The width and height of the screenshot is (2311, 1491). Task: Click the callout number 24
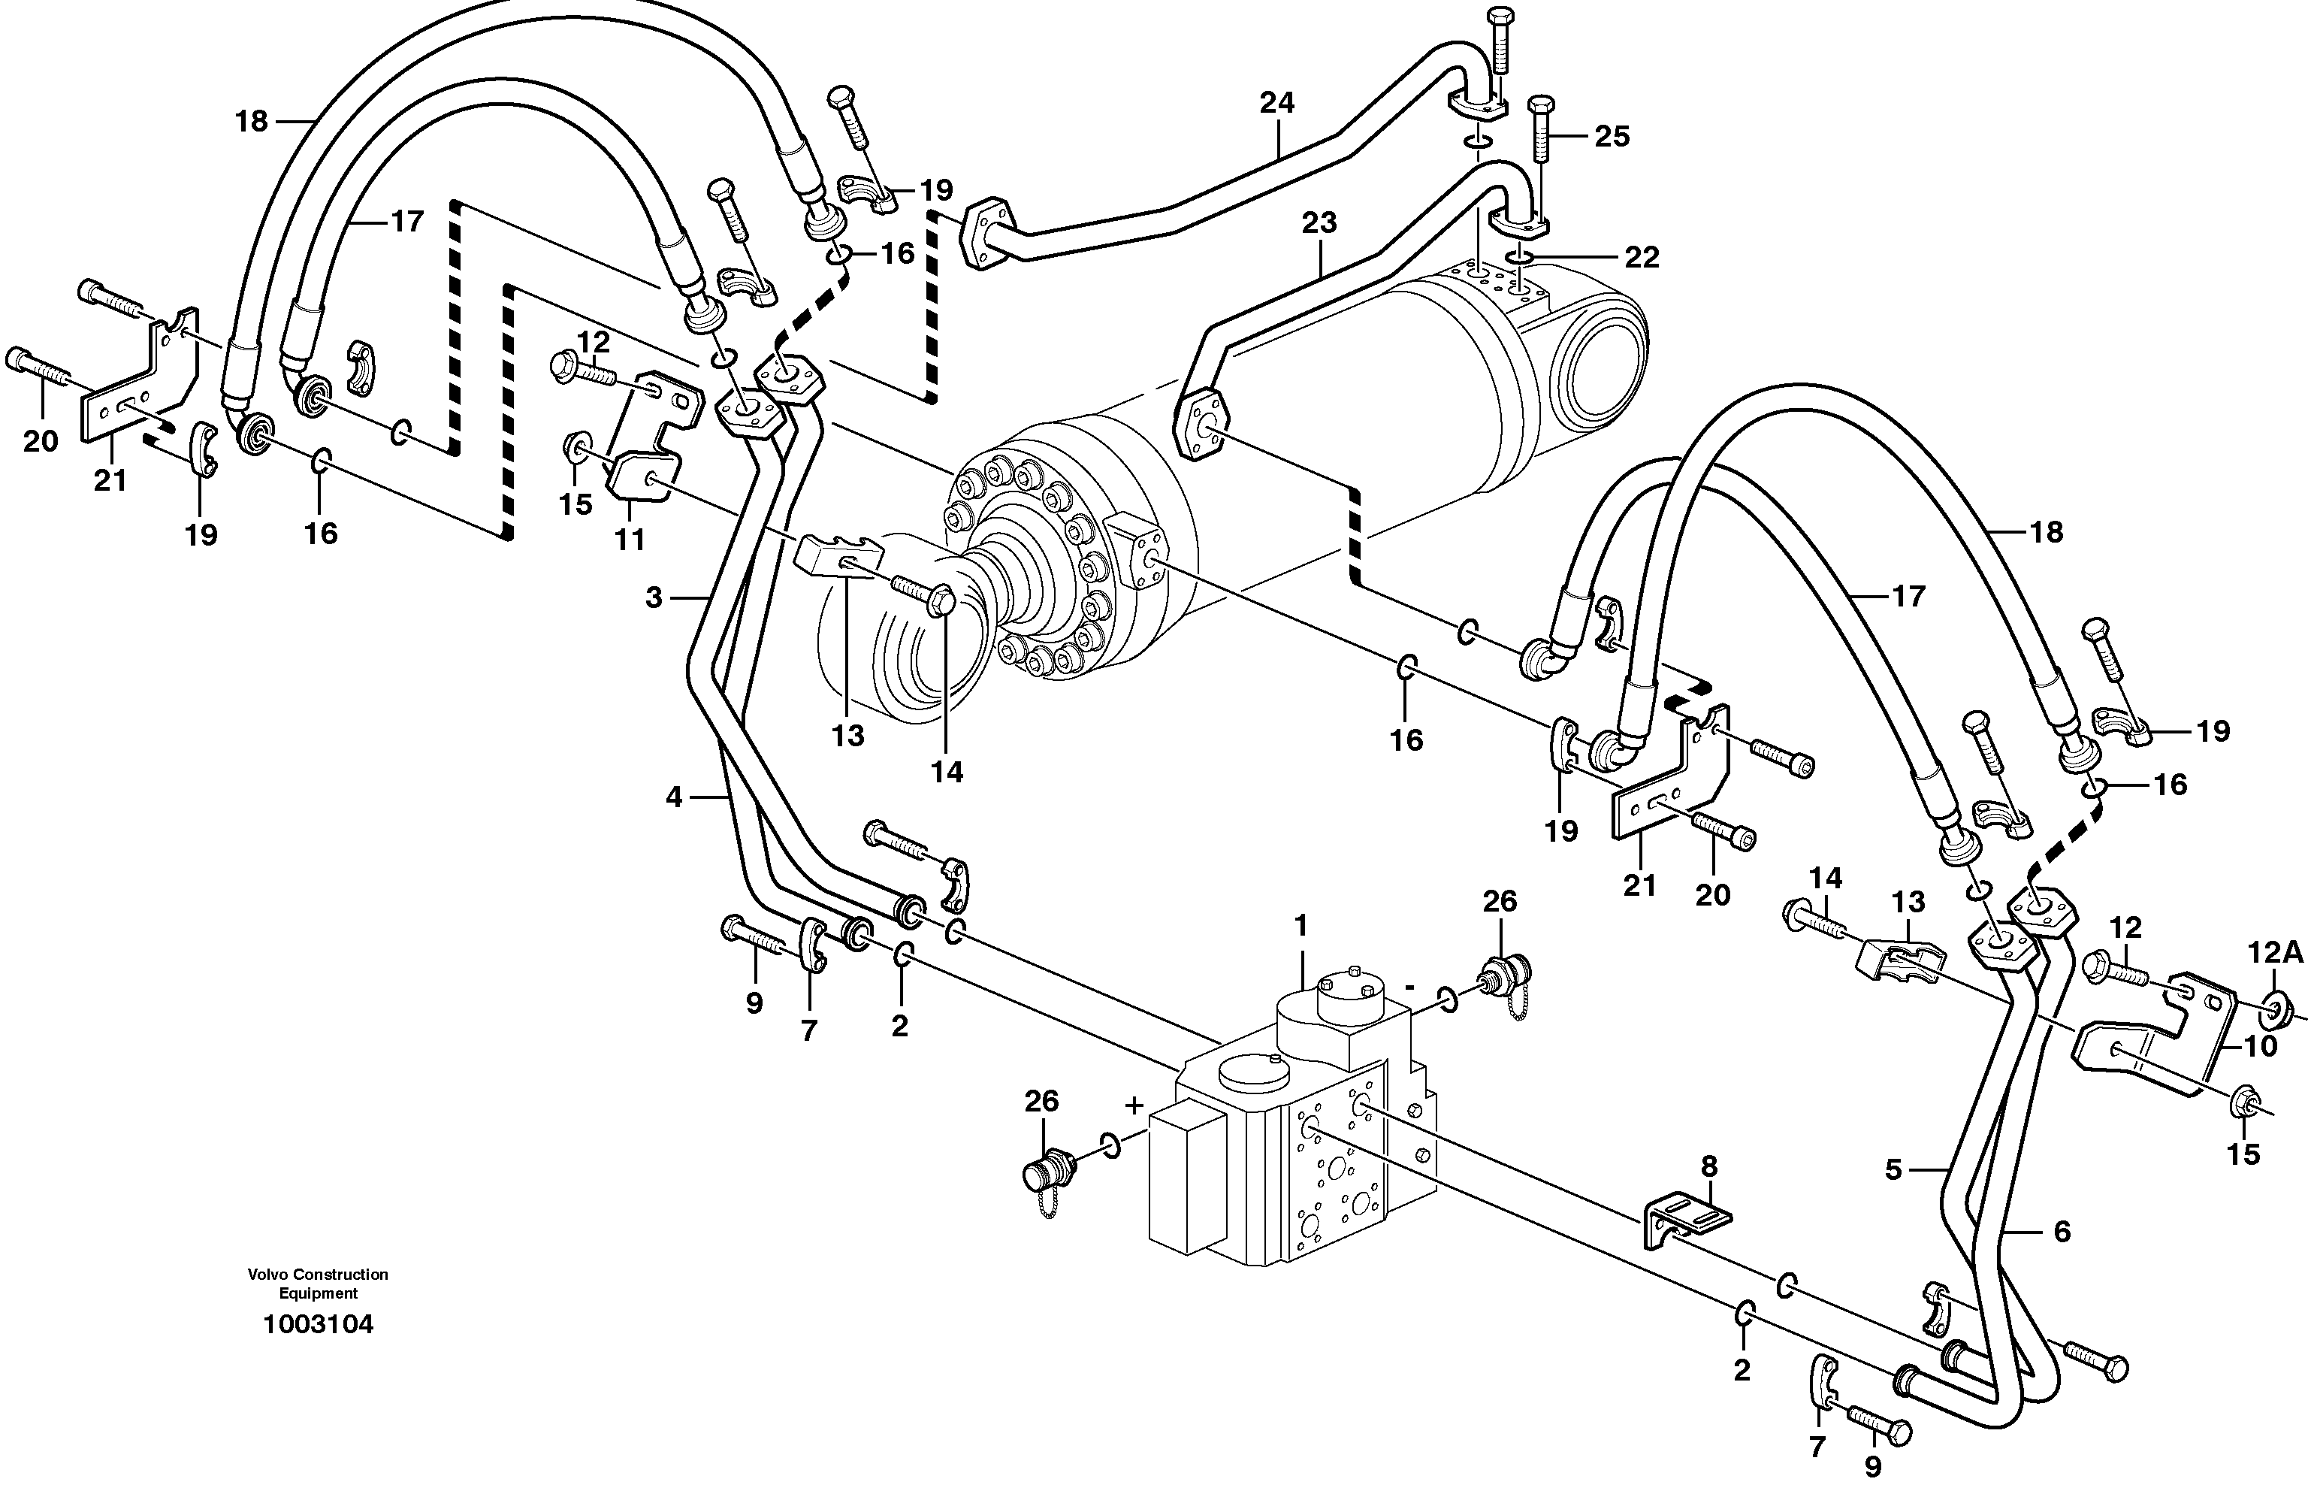[1276, 103]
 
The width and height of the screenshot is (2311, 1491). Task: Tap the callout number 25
[1612, 137]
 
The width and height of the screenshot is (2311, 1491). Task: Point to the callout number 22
[1642, 258]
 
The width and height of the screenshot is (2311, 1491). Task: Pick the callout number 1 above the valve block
[1301, 927]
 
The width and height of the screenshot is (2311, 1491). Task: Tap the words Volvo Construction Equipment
[317, 1284]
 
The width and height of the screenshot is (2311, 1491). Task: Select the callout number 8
[1709, 1166]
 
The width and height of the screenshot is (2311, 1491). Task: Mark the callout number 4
[674, 798]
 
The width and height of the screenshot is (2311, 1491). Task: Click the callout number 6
[2062, 1232]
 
